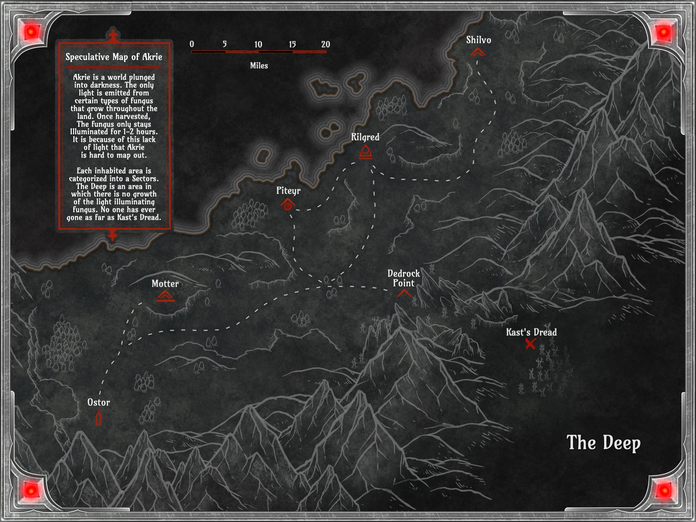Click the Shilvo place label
click(x=478, y=40)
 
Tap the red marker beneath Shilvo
click(x=478, y=52)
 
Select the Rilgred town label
click(x=365, y=137)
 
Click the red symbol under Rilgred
click(x=365, y=152)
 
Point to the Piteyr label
click(x=288, y=191)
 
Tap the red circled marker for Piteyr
click(x=288, y=205)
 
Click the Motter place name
click(x=165, y=284)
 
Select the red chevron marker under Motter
click(x=166, y=296)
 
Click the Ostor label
click(x=99, y=402)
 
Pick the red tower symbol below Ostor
click(x=99, y=418)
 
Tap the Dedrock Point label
click(x=404, y=278)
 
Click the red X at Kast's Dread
click(x=530, y=344)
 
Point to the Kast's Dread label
click(x=531, y=332)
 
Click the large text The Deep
click(x=603, y=443)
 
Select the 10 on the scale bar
click(x=258, y=45)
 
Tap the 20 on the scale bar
click(x=326, y=44)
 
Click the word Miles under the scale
click(x=259, y=66)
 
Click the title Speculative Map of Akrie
click(x=114, y=57)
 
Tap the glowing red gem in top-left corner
click(x=32, y=33)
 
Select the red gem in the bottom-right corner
click(x=664, y=490)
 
